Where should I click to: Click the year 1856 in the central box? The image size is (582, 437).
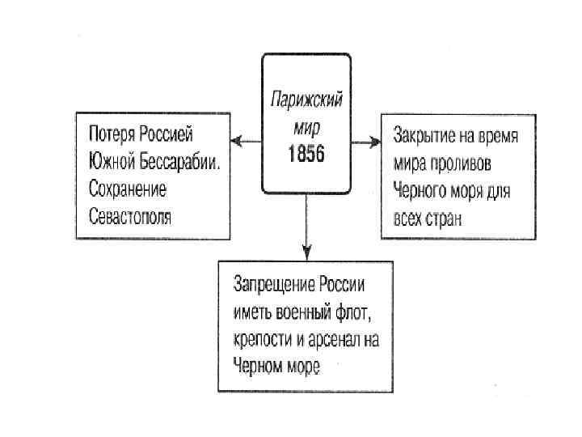[x=306, y=151]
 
